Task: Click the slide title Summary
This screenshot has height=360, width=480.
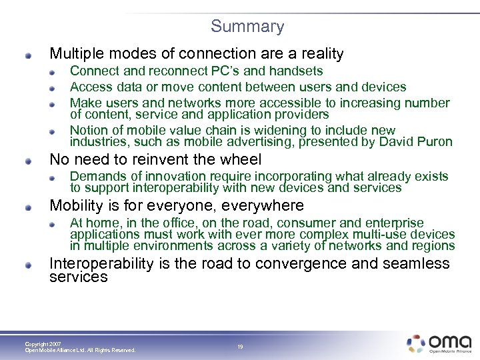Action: click(x=247, y=27)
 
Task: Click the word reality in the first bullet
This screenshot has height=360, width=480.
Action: click(x=318, y=53)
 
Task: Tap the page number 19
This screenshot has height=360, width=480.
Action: click(x=241, y=347)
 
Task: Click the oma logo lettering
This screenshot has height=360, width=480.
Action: click(x=450, y=342)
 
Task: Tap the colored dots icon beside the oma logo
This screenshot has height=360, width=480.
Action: click(x=416, y=343)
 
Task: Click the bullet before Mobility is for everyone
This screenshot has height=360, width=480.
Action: click(x=29, y=207)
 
